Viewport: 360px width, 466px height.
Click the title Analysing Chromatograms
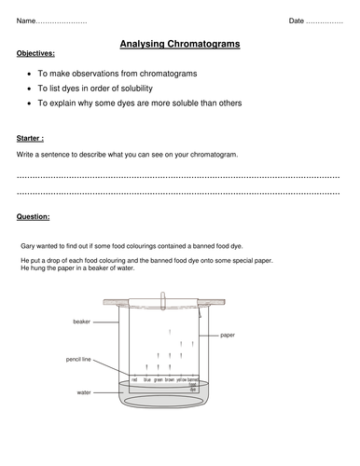[179, 42]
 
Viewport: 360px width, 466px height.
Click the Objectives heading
[35, 54]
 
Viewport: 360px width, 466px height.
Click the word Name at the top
[29, 20]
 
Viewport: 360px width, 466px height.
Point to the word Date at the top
[297, 20]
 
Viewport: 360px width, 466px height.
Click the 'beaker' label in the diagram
[81, 321]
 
